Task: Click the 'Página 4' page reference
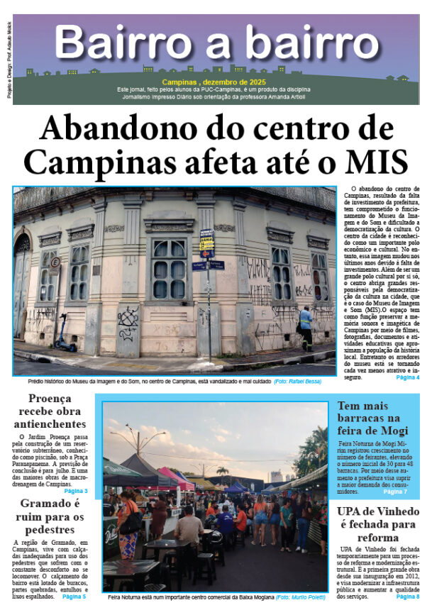(x=407, y=377)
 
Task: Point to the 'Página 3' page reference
(x=76, y=491)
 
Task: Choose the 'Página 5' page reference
(x=74, y=597)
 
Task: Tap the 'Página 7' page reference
(x=394, y=492)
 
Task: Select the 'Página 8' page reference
(x=407, y=597)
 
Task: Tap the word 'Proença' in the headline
(x=50, y=399)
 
